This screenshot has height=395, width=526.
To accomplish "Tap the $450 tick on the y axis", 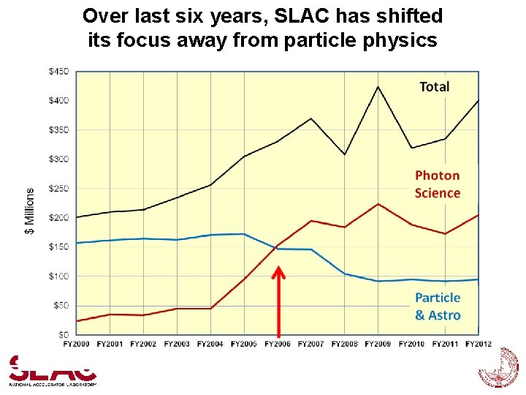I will point(59,71).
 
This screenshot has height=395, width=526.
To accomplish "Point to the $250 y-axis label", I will point(59,188).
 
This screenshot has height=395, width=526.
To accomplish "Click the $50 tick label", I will point(61,305).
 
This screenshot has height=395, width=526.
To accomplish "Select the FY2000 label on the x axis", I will point(77,343).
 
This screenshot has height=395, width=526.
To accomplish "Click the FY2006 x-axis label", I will point(278,343).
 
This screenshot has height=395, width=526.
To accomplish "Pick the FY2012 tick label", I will point(479,343).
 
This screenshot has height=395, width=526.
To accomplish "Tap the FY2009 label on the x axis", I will point(378,343).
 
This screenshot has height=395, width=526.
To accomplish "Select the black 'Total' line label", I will point(435,86).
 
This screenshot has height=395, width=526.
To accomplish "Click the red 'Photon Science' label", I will point(438,184).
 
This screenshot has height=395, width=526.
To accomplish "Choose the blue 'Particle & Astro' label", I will point(438,306).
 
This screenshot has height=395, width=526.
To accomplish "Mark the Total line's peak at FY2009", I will point(378,87).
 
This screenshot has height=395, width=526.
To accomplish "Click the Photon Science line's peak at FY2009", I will point(378,204).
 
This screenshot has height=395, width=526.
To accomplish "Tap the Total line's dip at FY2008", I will point(345,154).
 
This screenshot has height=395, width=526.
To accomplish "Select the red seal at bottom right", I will point(498,368).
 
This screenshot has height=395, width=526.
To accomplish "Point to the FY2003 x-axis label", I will point(178,343).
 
